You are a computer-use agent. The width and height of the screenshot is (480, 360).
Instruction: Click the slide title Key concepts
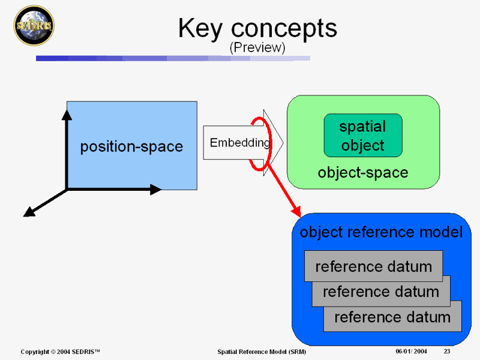click(x=257, y=28)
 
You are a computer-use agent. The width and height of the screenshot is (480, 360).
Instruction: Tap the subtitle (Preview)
click(x=257, y=47)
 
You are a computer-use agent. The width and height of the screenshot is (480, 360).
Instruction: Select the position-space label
click(x=131, y=146)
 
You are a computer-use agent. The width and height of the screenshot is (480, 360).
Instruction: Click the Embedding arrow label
click(x=239, y=143)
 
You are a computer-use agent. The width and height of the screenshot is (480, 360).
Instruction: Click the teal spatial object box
click(x=362, y=136)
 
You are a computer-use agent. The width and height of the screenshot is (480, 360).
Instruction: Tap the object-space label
click(x=362, y=173)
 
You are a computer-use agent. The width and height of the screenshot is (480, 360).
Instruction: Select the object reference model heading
click(x=381, y=232)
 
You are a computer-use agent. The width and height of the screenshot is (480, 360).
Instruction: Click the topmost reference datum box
click(x=373, y=266)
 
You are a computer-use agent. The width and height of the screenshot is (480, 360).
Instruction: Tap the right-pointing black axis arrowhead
click(x=155, y=190)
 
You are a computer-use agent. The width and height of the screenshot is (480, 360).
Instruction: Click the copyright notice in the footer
click(x=60, y=351)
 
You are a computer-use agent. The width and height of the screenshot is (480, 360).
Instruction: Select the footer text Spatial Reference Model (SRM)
click(x=262, y=351)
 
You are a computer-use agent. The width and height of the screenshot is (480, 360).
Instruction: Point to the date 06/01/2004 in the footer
click(x=411, y=350)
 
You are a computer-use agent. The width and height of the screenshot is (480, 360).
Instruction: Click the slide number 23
click(x=447, y=350)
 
